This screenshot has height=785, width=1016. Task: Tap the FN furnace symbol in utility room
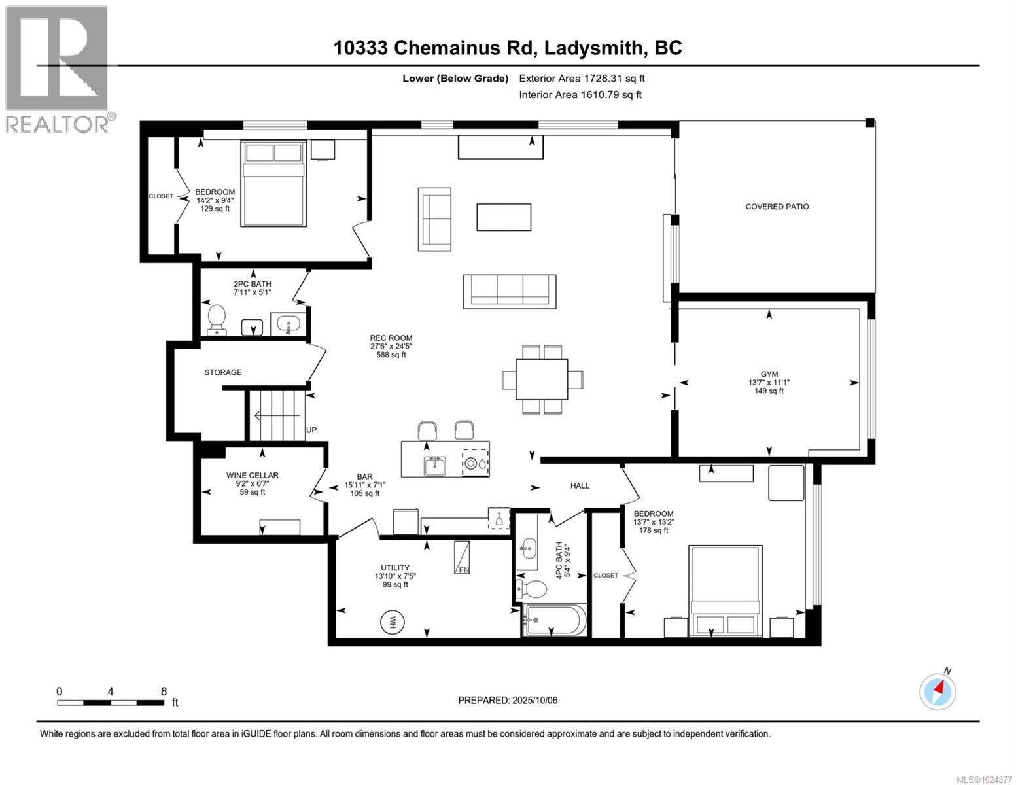click(x=463, y=558)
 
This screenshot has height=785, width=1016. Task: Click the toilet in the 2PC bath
click(x=216, y=320)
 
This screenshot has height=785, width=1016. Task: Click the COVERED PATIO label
click(x=777, y=207)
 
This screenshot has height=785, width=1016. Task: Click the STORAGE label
click(x=223, y=372)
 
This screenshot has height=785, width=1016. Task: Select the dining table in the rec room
click(x=542, y=379)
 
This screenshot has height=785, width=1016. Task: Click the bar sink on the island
click(x=434, y=466)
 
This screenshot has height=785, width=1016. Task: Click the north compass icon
click(x=937, y=691)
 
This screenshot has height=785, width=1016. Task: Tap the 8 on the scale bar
click(x=164, y=691)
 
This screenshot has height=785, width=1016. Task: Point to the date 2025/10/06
click(x=534, y=700)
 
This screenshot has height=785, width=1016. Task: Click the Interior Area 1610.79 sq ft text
click(x=580, y=94)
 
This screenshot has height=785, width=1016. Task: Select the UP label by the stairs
click(x=311, y=430)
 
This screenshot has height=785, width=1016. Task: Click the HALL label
click(x=580, y=485)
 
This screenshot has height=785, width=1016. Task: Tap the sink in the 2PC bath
click(x=289, y=323)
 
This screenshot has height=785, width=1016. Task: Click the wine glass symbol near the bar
click(x=499, y=518)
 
